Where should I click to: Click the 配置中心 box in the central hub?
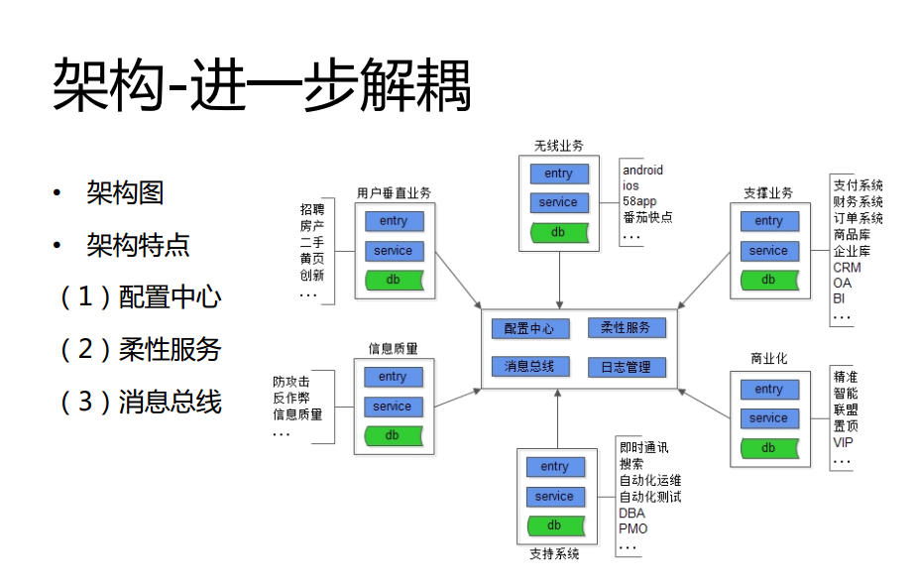pos(529,328)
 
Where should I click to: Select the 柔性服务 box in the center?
pos(626,327)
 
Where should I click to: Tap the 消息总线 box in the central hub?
pos(529,366)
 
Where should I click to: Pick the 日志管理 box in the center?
pos(626,366)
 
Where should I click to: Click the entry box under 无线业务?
pos(558,174)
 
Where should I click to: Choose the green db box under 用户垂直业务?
pos(394,280)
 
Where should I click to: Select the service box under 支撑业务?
pos(768,251)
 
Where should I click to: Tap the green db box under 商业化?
pos(768,448)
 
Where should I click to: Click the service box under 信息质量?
pos(393,407)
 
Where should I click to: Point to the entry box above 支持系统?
pos(554,467)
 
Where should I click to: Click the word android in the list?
pos(642,171)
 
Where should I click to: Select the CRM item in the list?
pos(847,268)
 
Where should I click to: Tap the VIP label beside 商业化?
pos(843,442)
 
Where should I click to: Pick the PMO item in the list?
pos(632,528)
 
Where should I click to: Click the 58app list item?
pos(639,201)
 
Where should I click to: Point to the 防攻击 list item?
pos(291,382)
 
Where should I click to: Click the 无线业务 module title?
pos(558,146)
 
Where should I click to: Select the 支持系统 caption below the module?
pos(554,554)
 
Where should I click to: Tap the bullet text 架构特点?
pos(138,245)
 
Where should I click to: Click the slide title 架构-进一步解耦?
pos(261,85)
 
